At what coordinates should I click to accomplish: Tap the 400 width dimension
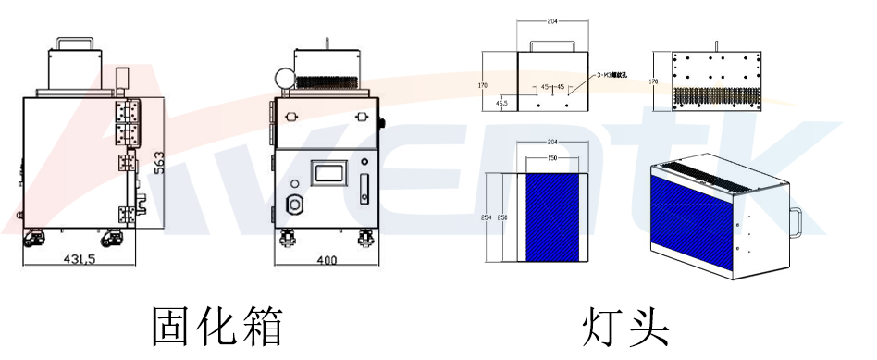point(327,261)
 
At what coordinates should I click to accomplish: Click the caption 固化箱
point(216,325)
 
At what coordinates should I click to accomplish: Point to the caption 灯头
point(624,325)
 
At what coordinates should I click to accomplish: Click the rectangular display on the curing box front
point(327,172)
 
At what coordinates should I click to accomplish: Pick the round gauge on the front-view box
point(284,77)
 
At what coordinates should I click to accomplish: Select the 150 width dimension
point(551,159)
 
